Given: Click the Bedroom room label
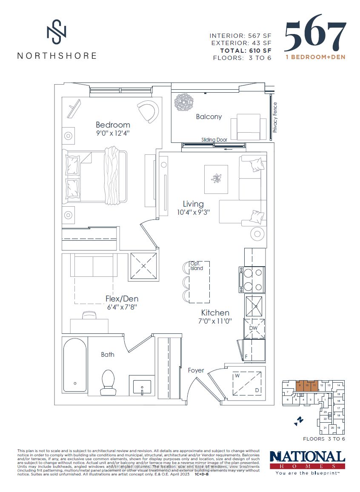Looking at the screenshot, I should pos(113,125).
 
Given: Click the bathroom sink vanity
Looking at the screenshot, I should pos(142,386).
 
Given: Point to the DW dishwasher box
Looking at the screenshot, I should pos(254,328).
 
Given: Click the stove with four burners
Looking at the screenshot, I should pos(252,279).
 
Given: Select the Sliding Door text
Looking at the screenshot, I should pos(214,139).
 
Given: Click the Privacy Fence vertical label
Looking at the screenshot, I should pos(275,117).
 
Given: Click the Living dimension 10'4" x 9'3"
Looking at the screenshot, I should pos(193,212).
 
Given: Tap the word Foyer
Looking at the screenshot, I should pos(196,370).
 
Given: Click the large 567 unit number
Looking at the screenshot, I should pos(314,36).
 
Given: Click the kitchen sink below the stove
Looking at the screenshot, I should pos(254,305).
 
